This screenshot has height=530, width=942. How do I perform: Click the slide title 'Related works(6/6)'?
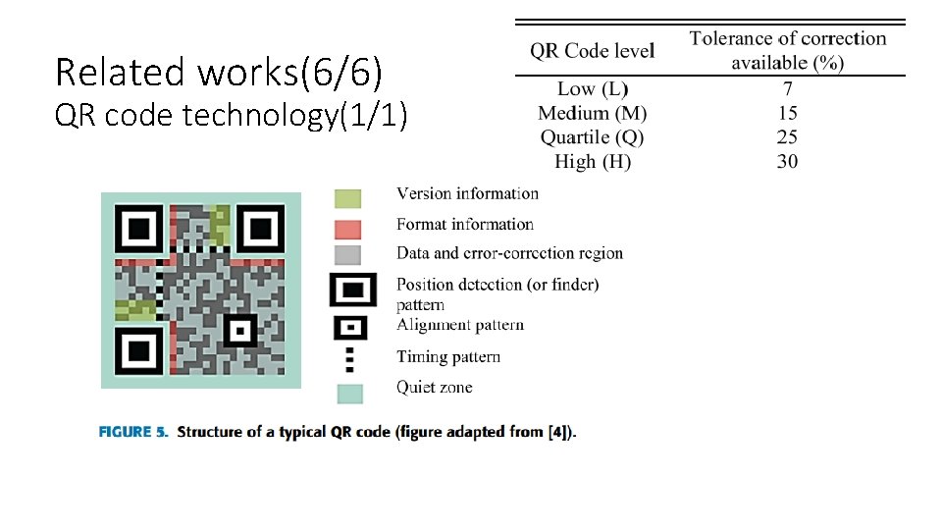pyautogui.click(x=219, y=72)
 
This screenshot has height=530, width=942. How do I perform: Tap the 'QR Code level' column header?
pyautogui.click(x=592, y=50)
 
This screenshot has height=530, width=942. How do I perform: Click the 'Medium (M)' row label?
pyautogui.click(x=592, y=114)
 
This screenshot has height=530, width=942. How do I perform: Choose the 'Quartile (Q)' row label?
pyautogui.click(x=592, y=137)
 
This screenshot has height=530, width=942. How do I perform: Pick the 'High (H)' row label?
pyautogui.click(x=592, y=161)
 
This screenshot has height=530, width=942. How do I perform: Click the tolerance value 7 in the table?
pyautogui.click(x=787, y=90)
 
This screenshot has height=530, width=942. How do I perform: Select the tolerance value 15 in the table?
pyautogui.click(x=787, y=114)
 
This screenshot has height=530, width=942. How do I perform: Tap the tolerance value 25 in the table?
pyautogui.click(x=787, y=137)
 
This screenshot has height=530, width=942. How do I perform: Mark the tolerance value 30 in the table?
pyautogui.click(x=787, y=161)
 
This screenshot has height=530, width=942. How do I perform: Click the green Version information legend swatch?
pyautogui.click(x=347, y=197)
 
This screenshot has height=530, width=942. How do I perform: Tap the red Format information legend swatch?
pyautogui.click(x=347, y=229)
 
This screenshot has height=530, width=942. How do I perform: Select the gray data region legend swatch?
pyautogui.click(x=347, y=254)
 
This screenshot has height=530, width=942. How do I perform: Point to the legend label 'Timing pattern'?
pyautogui.click(x=448, y=356)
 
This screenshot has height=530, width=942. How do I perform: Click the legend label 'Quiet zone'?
pyautogui.click(x=434, y=387)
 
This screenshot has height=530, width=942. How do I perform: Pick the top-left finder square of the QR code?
pyautogui.click(x=140, y=230)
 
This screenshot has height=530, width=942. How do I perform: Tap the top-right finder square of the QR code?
pyautogui.click(x=260, y=230)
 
